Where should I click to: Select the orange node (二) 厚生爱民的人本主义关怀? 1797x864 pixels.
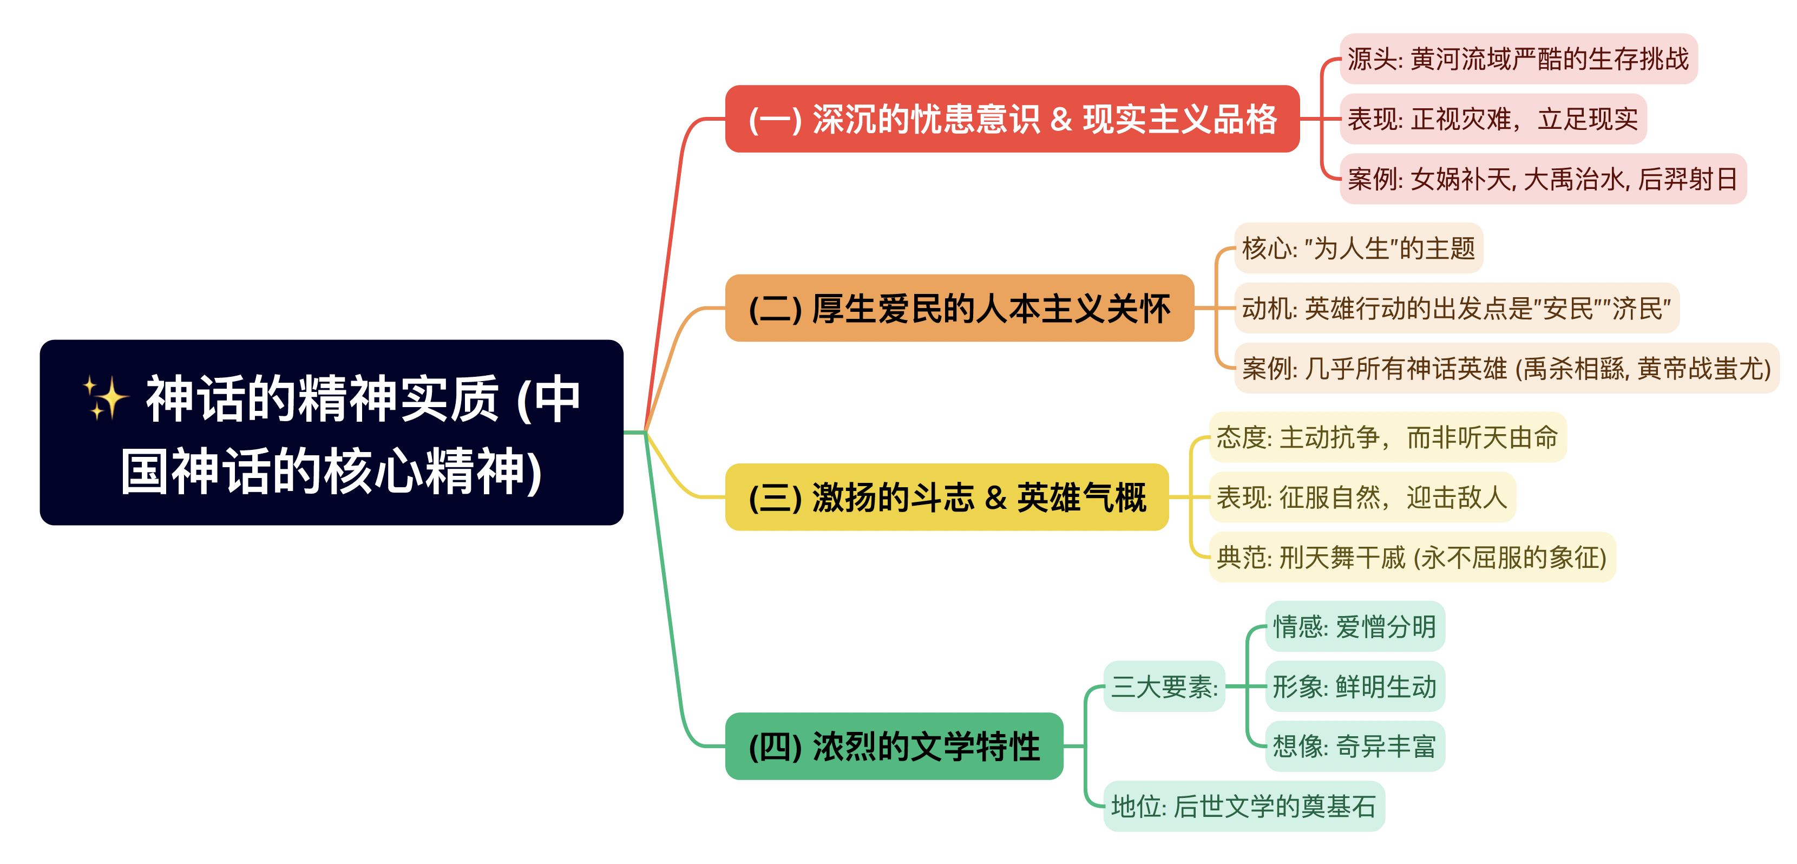click(959, 309)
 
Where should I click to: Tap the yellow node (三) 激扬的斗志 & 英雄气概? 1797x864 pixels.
click(946, 498)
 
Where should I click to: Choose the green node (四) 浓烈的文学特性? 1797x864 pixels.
click(894, 746)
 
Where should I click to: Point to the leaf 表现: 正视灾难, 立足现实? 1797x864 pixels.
click(1492, 119)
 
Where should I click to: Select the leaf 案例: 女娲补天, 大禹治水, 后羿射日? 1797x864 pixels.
click(1543, 179)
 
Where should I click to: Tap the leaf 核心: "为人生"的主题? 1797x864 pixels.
click(1358, 248)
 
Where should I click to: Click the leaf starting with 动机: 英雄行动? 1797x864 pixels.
click(1456, 309)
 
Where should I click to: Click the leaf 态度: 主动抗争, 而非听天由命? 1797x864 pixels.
click(1387, 437)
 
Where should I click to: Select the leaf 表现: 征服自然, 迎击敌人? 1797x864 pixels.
click(1362, 498)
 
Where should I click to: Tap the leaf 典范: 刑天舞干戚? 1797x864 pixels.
click(1411, 558)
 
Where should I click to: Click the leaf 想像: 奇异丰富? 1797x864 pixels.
click(1355, 747)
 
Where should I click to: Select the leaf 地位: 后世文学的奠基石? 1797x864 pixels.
click(1243, 807)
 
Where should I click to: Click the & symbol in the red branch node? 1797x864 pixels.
click(1061, 119)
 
